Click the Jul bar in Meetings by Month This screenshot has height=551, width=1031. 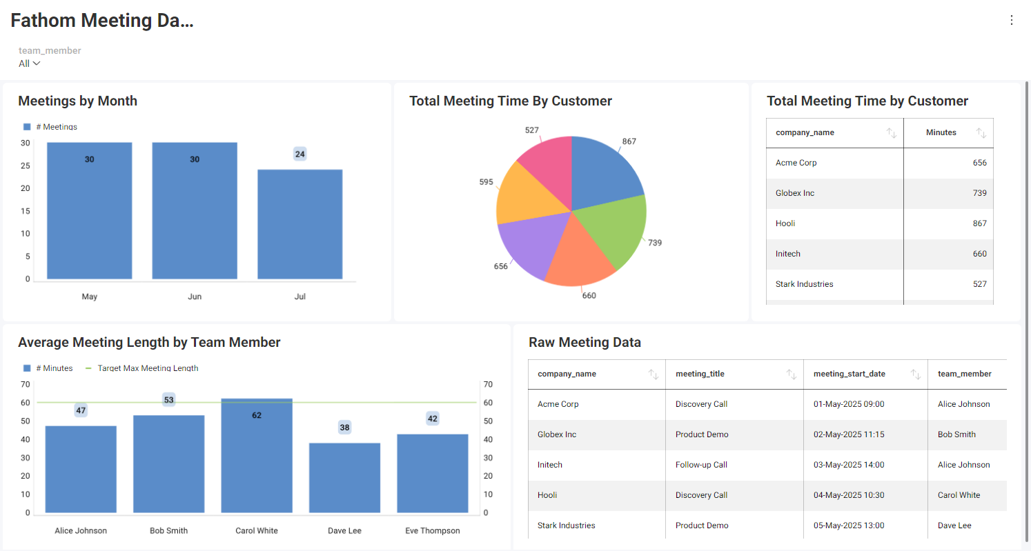point(300,224)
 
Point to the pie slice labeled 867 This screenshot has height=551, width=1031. point(604,169)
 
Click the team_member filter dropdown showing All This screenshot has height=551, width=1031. point(29,63)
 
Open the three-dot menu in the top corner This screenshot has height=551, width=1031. point(1012,20)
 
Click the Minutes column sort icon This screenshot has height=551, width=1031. point(981,133)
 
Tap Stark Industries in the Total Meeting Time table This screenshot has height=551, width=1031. point(804,284)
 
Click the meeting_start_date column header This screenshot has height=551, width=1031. point(849,374)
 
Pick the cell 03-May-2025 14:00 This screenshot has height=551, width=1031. point(849,465)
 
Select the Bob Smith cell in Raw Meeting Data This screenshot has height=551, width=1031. point(956,434)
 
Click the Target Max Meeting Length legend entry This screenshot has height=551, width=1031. point(148,368)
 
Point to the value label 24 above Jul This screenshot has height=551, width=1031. point(300,154)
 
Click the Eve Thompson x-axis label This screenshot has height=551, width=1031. point(432,531)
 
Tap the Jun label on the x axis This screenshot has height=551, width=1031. point(195,297)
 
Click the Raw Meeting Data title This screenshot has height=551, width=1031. point(585,342)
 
